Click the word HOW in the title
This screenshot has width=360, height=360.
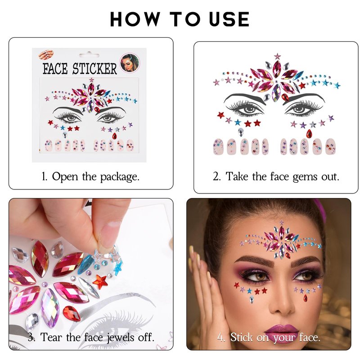135,19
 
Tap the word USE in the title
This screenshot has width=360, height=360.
229,19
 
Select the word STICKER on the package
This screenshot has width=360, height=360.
94,68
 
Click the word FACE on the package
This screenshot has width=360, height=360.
55,68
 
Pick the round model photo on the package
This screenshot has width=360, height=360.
130,63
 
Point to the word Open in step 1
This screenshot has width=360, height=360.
65,177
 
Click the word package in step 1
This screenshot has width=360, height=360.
120,177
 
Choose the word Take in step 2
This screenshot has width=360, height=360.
237,176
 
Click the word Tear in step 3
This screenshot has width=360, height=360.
51,337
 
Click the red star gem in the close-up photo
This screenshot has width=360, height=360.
100,282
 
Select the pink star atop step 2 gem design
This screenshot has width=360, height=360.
277,56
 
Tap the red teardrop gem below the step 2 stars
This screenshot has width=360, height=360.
309,134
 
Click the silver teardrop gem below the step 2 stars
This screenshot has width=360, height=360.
241,132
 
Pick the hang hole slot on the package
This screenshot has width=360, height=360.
89,55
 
